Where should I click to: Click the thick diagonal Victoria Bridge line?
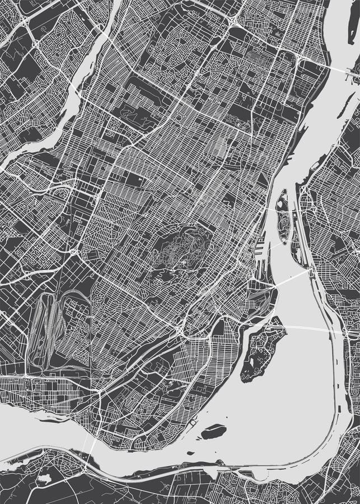coord(291,278)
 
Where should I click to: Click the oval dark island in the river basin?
coord(213,432)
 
